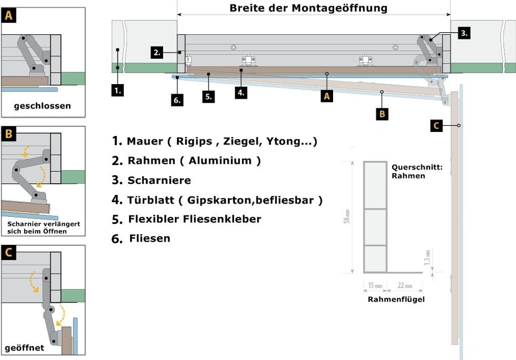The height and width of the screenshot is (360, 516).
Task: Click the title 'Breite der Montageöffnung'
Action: point(308,8)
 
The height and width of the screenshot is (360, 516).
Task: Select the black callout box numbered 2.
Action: point(157,52)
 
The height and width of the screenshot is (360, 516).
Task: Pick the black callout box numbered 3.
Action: point(464,33)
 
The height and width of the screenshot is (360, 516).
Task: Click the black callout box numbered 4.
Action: point(241,92)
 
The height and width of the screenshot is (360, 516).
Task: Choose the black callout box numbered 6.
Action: point(177,100)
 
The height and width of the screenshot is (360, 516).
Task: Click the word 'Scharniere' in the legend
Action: point(159,180)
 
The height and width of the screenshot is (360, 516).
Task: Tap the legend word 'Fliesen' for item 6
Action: point(150,238)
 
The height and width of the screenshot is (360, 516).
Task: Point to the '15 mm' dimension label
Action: point(375,286)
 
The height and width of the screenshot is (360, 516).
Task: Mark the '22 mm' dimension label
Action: point(405,286)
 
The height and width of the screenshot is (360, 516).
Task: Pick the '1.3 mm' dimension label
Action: point(427,257)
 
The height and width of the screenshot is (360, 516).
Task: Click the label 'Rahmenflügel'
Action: point(396,300)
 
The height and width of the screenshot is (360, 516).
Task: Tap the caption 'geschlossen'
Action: point(42,106)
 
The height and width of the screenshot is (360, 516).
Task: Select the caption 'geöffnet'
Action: point(24,348)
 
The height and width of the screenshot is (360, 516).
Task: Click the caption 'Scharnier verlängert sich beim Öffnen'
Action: point(43,227)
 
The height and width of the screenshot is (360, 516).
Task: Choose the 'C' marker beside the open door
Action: point(437,125)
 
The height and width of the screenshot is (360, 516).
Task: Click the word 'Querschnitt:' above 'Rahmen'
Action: point(417,167)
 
